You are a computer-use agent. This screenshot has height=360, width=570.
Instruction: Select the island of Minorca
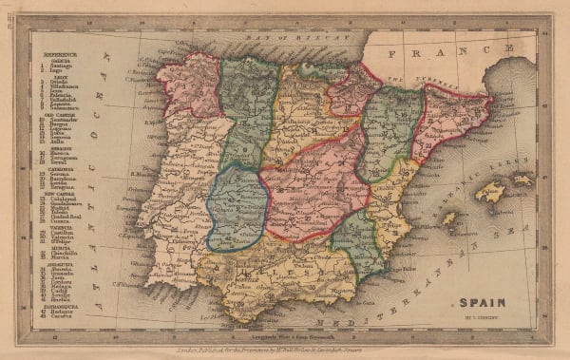pyautogui.click(x=522, y=180)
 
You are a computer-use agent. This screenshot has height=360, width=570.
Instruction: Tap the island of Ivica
pyautogui.click(x=449, y=218)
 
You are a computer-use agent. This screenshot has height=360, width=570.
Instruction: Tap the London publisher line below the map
pyautogui.click(x=285, y=339)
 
